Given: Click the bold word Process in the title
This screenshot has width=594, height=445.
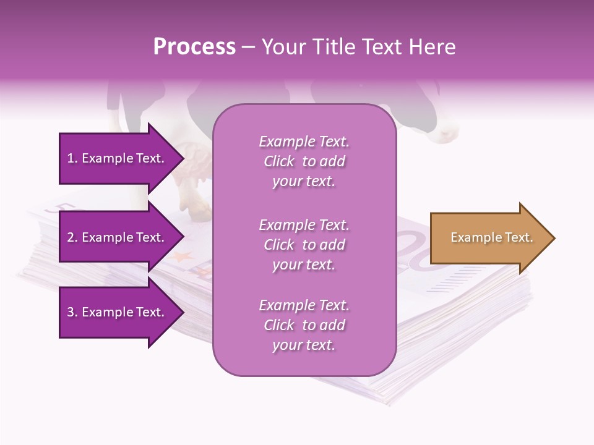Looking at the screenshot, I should point(194,47).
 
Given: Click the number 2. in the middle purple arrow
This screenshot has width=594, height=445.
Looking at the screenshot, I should point(72,237).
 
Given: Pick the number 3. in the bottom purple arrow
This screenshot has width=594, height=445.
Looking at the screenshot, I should point(72,312).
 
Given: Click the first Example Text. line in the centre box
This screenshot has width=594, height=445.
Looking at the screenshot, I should point(304,142).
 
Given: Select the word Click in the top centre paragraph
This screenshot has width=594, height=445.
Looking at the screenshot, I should point(279,161).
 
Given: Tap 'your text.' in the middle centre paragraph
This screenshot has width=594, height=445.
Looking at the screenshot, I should point(304,265).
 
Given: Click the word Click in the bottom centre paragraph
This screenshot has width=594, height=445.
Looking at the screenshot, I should point(279,325).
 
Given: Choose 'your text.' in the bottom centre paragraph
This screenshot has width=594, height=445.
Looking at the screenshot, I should point(304,345).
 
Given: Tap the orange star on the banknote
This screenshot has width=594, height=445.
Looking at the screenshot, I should point(180,255).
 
